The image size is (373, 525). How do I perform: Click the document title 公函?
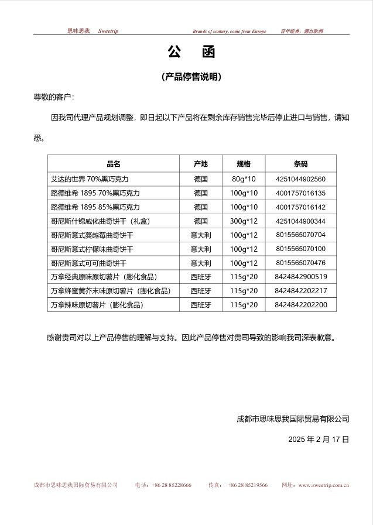point(191,53)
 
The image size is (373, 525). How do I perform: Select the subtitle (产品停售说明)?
point(191,77)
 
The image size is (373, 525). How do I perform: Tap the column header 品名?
point(113,164)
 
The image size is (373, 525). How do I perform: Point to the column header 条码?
point(300,164)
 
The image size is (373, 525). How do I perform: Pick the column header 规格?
point(243,164)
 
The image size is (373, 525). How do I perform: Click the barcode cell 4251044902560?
point(300,179)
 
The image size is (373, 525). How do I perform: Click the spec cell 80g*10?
point(243,179)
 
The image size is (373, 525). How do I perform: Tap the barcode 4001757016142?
point(300,207)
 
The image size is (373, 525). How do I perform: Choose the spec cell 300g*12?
point(243,221)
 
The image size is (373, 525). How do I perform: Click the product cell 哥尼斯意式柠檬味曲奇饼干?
point(93,249)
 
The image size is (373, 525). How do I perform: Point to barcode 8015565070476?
point(300,263)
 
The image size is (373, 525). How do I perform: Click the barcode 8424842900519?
point(300,277)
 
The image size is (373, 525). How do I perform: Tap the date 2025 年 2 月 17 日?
point(319,439)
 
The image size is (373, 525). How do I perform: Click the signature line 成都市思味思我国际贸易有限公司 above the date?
point(293,419)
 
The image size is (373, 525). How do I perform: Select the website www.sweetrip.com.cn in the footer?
point(324,485)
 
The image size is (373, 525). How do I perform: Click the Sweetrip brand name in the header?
point(108,31)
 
